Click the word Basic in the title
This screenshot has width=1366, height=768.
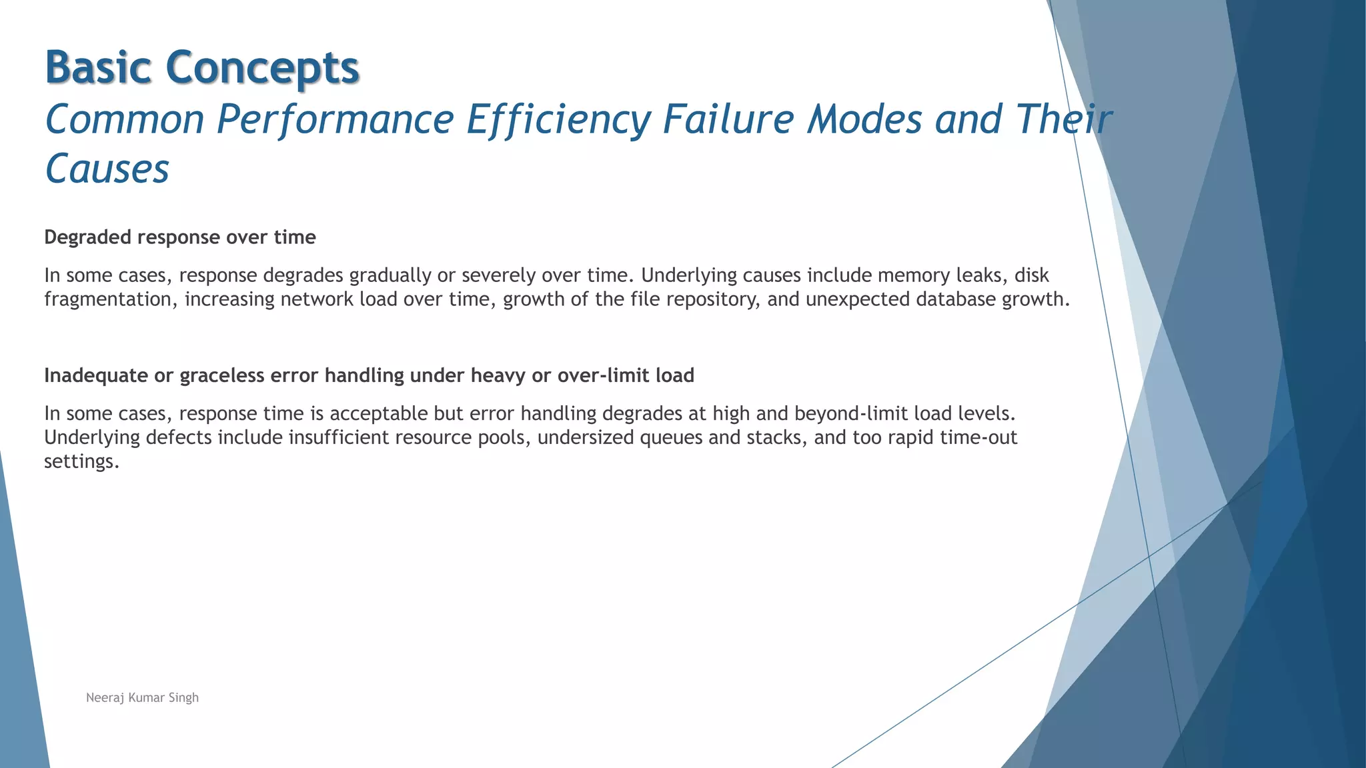pos(98,67)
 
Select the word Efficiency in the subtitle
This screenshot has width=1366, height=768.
pos(558,119)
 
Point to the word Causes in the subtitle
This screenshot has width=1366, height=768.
pos(107,169)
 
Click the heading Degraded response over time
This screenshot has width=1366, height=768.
pos(179,237)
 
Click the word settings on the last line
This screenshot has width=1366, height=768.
pos(81,462)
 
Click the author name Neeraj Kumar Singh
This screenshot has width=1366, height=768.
pos(142,698)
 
